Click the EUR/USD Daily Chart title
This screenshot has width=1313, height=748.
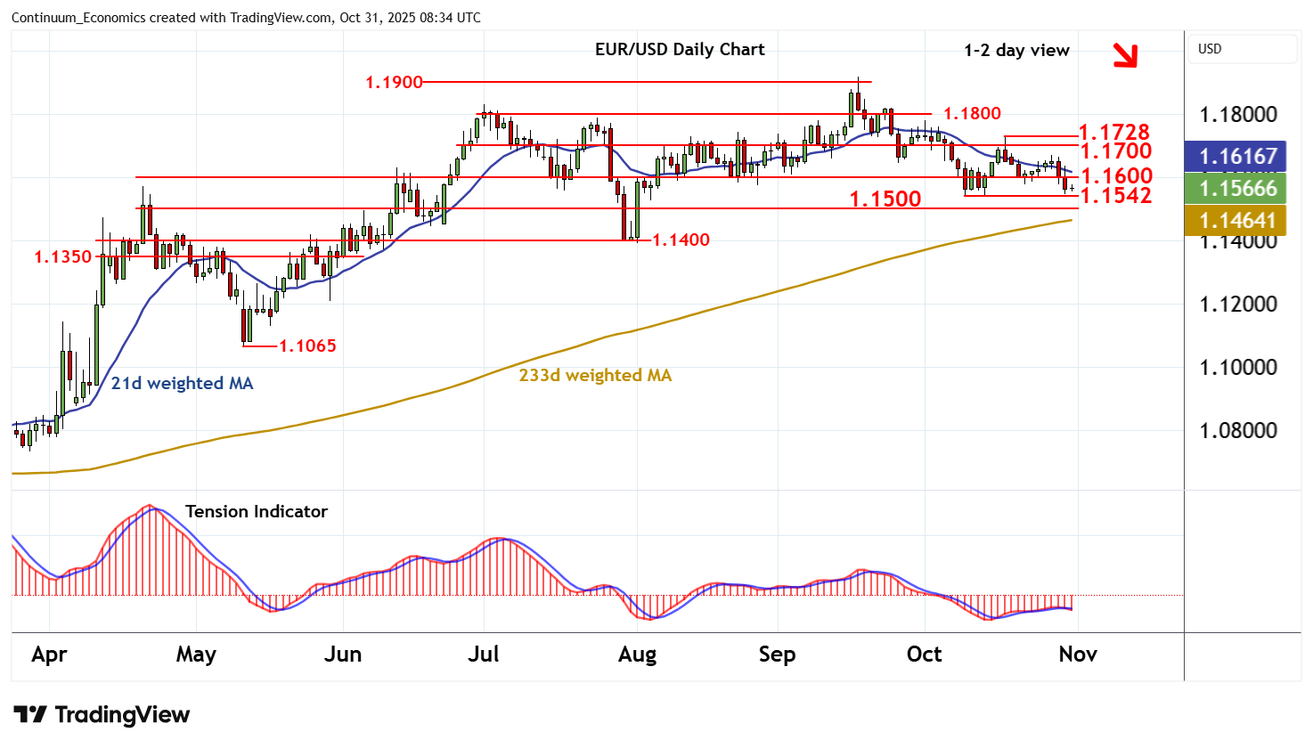pos(680,50)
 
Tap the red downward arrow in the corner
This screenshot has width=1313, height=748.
pos(1126,55)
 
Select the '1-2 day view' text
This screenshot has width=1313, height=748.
pos(1016,51)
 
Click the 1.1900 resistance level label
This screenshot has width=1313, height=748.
pos(394,82)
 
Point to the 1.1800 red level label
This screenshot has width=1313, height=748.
pos(972,113)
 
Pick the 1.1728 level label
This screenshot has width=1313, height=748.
pos(1114,133)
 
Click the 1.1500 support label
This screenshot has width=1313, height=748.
pos(885,199)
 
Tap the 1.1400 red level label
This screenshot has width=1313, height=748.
pos(681,240)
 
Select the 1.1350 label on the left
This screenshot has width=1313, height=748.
pos(63,256)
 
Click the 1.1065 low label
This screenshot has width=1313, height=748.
pos(307,346)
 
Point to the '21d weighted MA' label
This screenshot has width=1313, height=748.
pos(182,383)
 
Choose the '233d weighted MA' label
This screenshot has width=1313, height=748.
pos(595,375)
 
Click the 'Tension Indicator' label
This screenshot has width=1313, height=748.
pos(257,511)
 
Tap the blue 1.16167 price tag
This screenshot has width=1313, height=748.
pos(1238,157)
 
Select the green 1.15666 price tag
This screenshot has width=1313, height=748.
pos(1238,189)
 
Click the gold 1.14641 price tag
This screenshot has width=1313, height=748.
pos(1238,220)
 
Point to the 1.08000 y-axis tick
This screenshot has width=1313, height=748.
pos(1238,431)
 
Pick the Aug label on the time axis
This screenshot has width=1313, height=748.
pos(637,654)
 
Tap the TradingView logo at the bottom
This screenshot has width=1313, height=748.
pos(102,714)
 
